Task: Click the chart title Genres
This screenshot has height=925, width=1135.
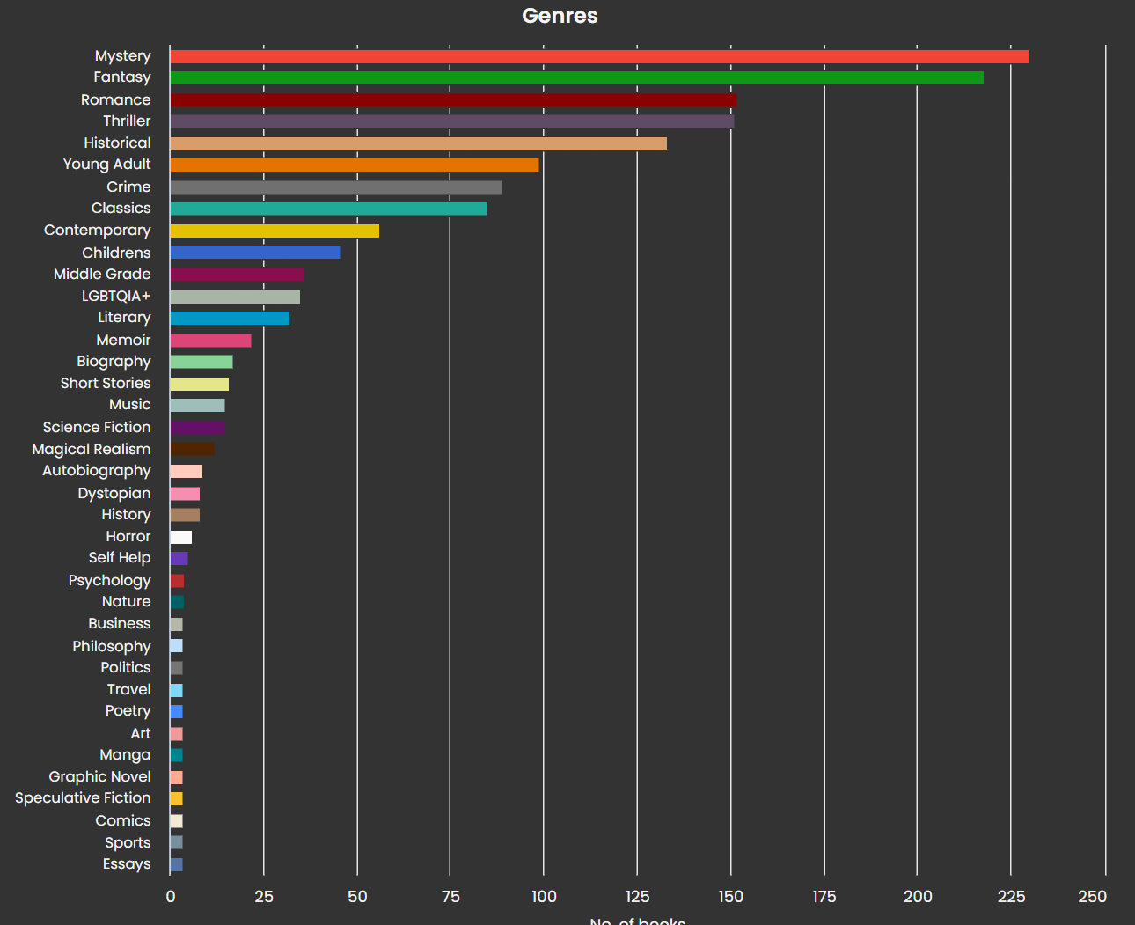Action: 560,16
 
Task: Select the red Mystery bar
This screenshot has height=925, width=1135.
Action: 598,57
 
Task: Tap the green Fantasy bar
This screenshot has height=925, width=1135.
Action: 576,78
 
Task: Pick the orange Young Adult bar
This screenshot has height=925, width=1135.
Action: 354,165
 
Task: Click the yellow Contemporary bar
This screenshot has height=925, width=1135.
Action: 275,231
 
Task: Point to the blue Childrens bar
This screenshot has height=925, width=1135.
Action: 255,253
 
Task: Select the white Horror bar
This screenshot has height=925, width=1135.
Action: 181,538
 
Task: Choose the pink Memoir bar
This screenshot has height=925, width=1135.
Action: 210,341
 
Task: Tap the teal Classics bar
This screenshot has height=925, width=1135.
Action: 328,209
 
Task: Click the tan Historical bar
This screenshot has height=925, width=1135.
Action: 418,143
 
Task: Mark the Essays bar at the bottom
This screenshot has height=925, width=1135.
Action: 176,865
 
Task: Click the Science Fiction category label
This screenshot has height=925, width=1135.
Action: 97,427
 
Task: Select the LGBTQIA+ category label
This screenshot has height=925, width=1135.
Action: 116,296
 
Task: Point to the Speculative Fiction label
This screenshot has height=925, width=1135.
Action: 83,797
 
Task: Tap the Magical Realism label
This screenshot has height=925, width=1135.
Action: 92,449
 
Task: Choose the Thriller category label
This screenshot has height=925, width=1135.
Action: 127,121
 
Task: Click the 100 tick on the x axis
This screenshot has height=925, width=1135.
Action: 544,896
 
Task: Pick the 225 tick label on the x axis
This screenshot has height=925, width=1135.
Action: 1011,896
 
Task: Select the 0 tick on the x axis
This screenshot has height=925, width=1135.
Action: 171,896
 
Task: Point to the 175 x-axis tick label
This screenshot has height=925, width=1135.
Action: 824,896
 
